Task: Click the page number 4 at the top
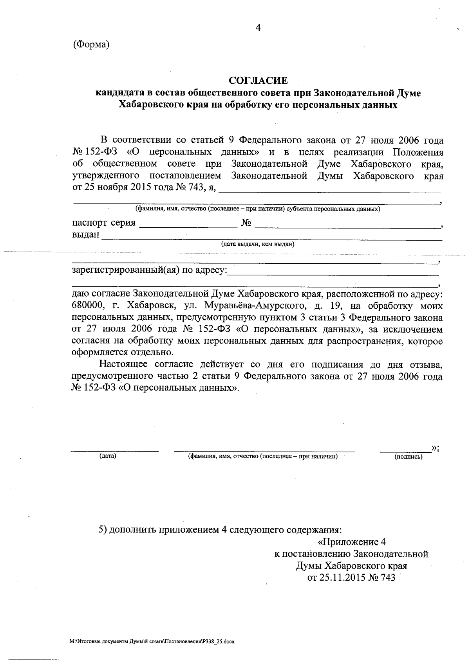(x=258, y=27)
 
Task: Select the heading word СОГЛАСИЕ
(x=258, y=81)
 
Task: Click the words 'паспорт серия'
(x=104, y=223)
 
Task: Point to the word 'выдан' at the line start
(x=86, y=235)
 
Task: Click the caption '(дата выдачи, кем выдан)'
(x=258, y=244)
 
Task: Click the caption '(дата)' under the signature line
(x=108, y=456)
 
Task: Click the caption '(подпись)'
(x=409, y=456)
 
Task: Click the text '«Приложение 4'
(x=351, y=542)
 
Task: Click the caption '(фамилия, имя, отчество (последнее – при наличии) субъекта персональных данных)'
(x=257, y=209)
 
